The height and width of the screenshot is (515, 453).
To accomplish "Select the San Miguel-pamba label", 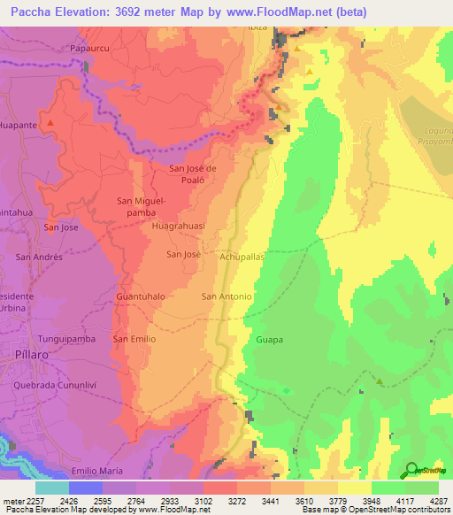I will click(142, 207).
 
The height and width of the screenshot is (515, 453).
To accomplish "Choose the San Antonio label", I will click(226, 296).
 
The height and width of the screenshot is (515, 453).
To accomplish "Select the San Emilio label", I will click(134, 339).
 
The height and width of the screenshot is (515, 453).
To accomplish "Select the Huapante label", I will click(18, 126).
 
